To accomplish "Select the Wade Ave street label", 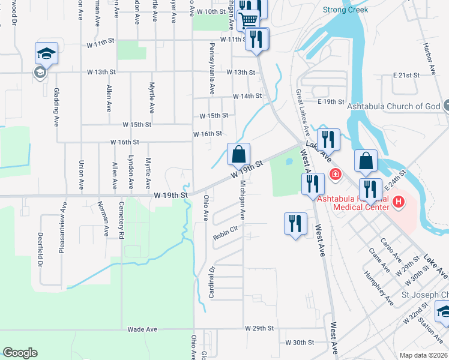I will (x=142, y=329).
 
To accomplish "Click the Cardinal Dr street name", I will (x=211, y=281).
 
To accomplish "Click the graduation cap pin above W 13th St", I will (x=46, y=53).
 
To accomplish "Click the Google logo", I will (x=20, y=353).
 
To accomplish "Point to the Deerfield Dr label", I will (x=41, y=250).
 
